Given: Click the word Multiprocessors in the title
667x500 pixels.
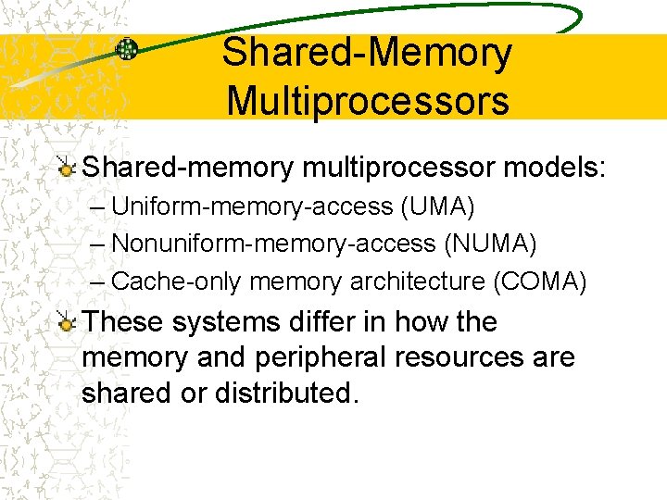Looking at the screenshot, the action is coord(368,100).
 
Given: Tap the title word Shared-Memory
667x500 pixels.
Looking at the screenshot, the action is coord(367,53).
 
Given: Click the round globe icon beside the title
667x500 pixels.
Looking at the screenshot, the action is coord(127,49).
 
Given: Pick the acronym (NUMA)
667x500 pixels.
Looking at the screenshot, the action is coord(490,244).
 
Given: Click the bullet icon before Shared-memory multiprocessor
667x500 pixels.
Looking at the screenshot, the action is coord(66,168).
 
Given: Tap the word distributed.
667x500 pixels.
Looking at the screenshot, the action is coord(285,393).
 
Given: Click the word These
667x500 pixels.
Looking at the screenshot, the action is coord(122,322).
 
